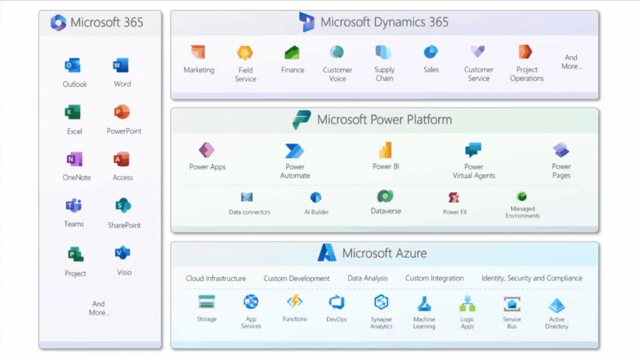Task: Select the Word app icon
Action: click(121, 66)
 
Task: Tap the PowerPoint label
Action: click(124, 131)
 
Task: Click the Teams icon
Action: click(73, 206)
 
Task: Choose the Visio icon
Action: click(122, 253)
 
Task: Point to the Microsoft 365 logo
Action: click(58, 23)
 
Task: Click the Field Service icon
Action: click(245, 53)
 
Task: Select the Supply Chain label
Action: click(384, 74)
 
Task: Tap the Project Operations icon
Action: click(525, 52)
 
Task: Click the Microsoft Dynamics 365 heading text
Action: click(384, 22)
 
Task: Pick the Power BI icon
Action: click(385, 150)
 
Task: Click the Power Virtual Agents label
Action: click(474, 171)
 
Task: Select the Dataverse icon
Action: click(385, 197)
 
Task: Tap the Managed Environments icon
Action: click(522, 197)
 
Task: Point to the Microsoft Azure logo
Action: click(326, 253)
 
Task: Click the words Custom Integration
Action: click(434, 278)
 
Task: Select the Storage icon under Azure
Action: click(206, 302)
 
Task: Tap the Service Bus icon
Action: click(512, 304)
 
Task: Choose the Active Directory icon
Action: click(556, 306)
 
